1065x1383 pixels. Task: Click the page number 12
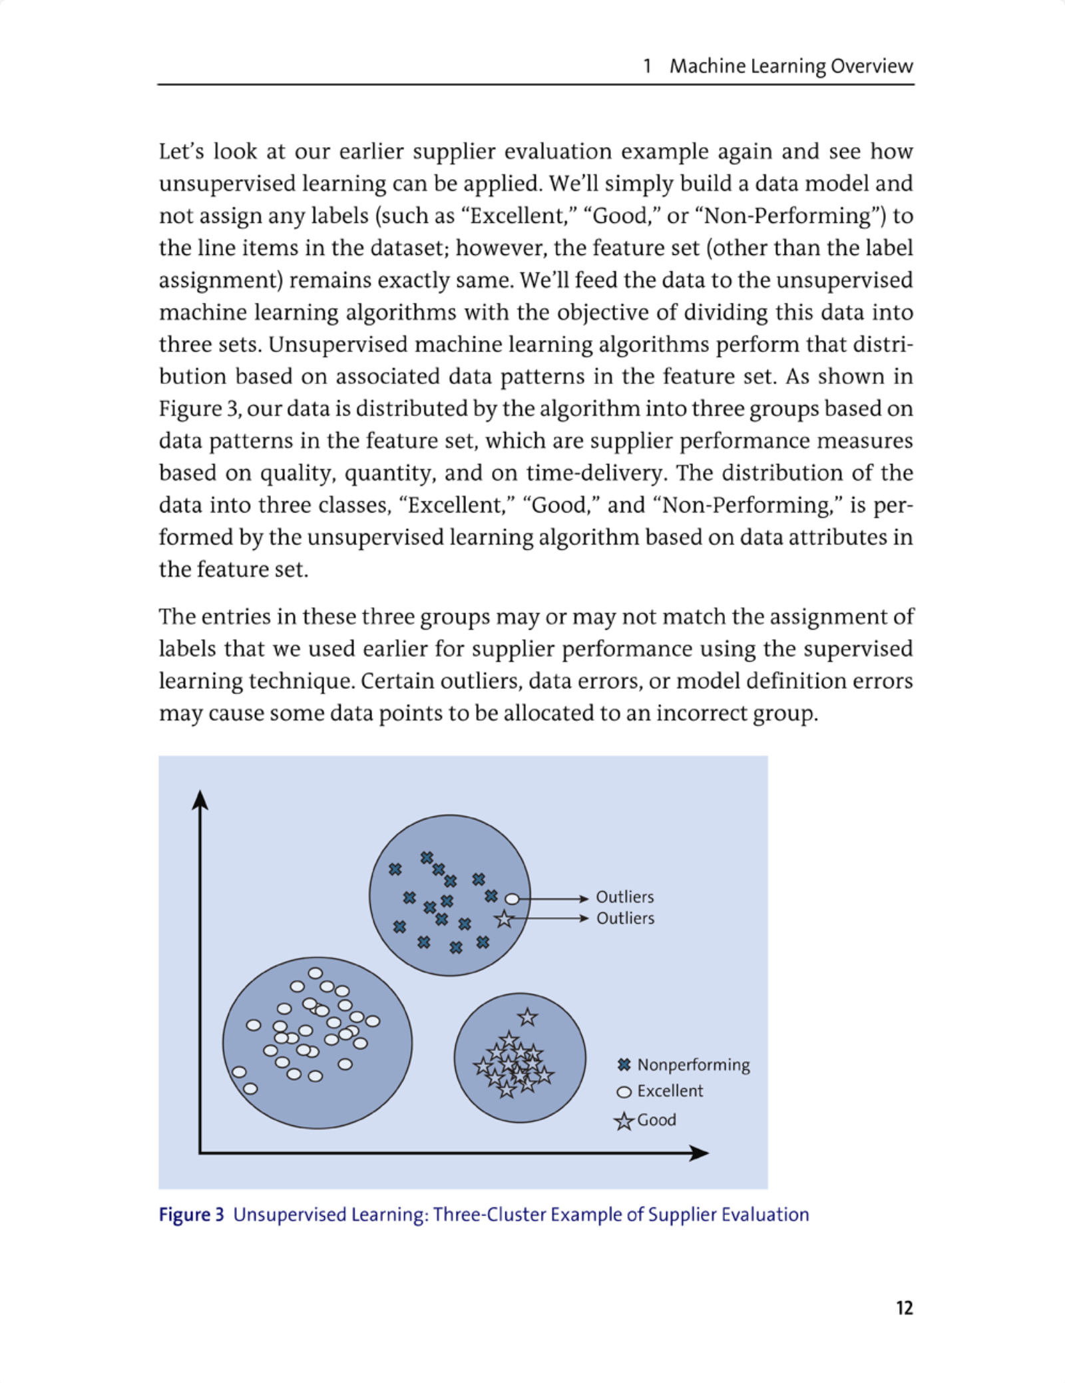point(904,1308)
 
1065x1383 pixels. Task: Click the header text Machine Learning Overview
point(791,66)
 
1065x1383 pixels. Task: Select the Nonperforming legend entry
point(693,1065)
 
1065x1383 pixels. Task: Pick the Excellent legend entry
point(670,1091)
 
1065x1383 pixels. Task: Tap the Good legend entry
point(656,1119)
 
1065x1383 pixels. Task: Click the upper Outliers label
point(624,896)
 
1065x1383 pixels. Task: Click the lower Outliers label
point(624,918)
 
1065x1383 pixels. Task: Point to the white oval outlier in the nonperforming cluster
point(512,899)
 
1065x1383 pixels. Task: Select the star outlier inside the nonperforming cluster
point(505,919)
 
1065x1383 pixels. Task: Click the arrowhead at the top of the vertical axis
point(200,799)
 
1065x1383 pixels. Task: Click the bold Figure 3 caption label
point(191,1215)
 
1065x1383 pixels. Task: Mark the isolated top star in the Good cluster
point(527,1017)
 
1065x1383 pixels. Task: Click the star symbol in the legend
point(624,1121)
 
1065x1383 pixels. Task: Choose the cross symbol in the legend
point(624,1065)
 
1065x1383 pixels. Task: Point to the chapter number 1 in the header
point(646,66)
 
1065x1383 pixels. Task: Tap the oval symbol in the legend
point(624,1092)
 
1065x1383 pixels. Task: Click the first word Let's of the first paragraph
point(179,152)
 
